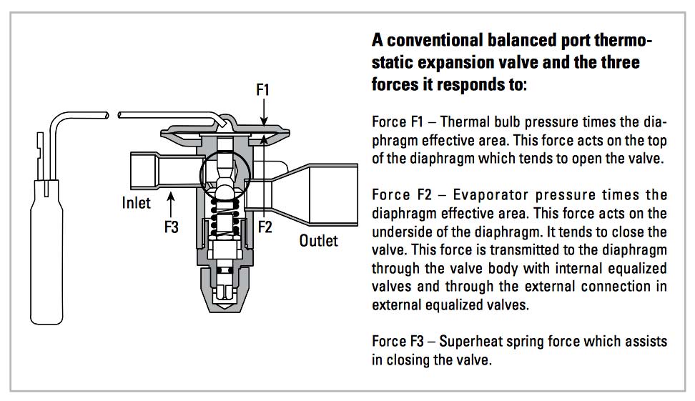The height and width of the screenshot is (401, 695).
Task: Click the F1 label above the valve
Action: click(262, 90)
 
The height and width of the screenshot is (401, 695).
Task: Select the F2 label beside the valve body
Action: click(265, 227)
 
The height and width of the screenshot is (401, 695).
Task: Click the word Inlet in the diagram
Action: click(136, 203)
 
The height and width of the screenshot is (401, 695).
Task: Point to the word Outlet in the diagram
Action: click(318, 240)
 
